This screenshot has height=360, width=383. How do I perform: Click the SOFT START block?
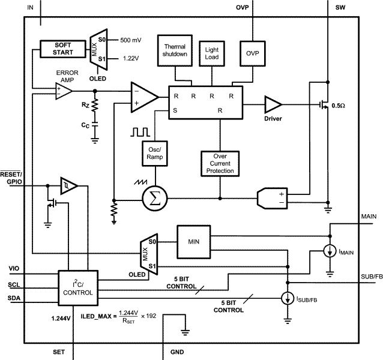63,49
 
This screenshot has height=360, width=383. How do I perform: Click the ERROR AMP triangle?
62,91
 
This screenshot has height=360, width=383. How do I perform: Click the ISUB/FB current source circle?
288,296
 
